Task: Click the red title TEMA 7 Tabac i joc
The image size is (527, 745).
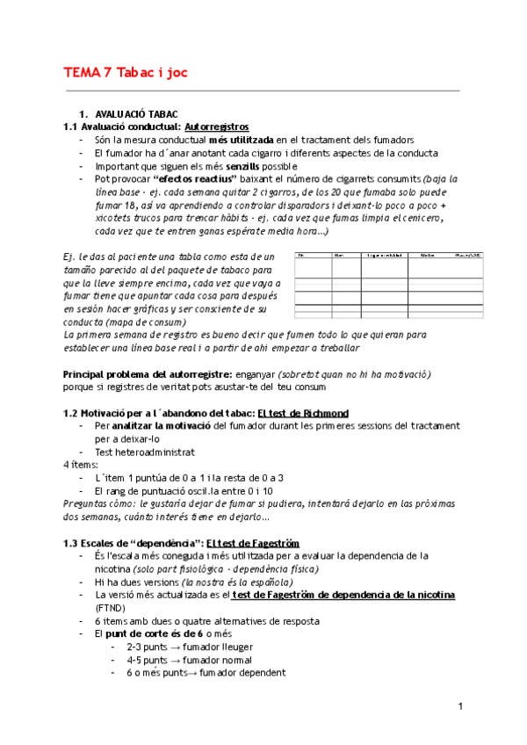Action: [126, 72]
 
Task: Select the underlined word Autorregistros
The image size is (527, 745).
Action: [217, 127]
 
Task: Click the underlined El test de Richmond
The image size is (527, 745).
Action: [303, 413]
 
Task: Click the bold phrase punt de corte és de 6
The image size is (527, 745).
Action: [155, 633]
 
